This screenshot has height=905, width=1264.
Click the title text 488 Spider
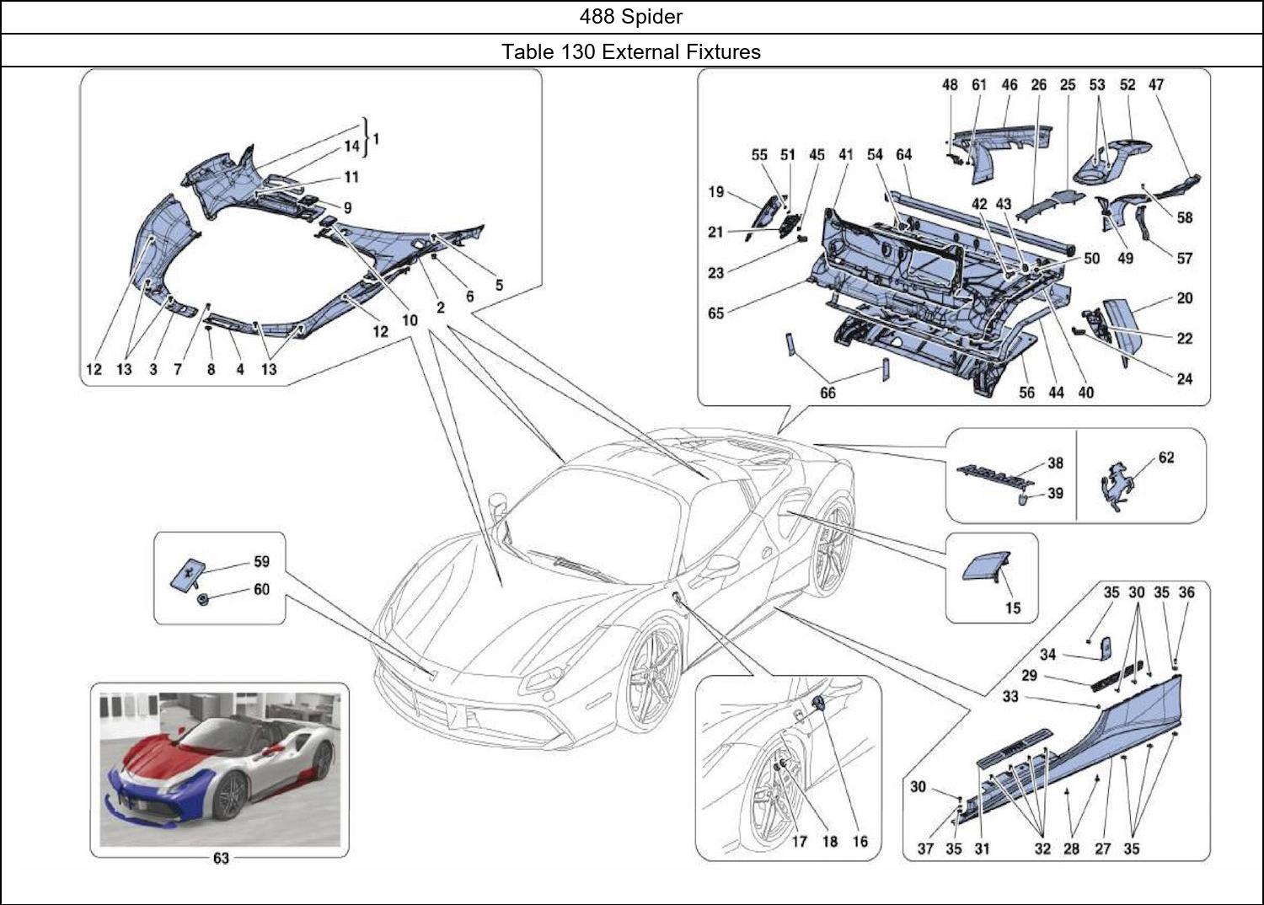pyautogui.click(x=631, y=16)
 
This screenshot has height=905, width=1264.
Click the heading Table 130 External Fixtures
pyautogui.click(x=631, y=51)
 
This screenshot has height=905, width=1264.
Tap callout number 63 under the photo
pyautogui.click(x=221, y=859)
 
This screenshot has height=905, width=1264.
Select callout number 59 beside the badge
pyautogui.click(x=261, y=562)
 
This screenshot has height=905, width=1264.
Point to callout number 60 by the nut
pyautogui.click(x=261, y=589)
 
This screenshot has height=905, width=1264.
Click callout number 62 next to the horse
pyautogui.click(x=1166, y=458)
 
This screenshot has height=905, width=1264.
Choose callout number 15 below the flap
pyautogui.click(x=1013, y=608)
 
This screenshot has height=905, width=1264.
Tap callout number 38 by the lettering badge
pyautogui.click(x=1055, y=463)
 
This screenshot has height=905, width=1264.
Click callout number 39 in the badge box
pyautogui.click(x=1055, y=494)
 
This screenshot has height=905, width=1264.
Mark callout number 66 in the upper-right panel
pyautogui.click(x=827, y=393)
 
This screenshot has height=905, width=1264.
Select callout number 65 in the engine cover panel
pyautogui.click(x=715, y=313)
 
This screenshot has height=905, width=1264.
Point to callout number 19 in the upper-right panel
pyautogui.click(x=715, y=192)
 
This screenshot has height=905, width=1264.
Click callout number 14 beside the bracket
pyautogui.click(x=351, y=147)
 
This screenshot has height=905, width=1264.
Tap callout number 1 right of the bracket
pyautogui.click(x=376, y=139)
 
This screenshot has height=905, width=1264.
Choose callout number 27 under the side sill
pyautogui.click(x=1102, y=849)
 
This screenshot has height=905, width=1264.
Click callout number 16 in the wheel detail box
pyautogui.click(x=860, y=841)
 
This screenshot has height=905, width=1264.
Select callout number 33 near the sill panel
pyautogui.click(x=1010, y=696)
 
